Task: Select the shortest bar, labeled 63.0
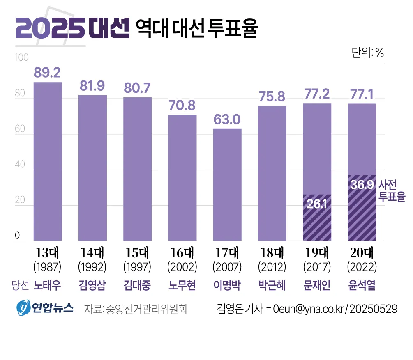tap(227, 184)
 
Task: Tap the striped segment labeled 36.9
tap(362, 208)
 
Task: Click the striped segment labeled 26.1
tap(317, 218)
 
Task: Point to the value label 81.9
tap(92, 86)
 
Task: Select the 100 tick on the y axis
tap(21, 58)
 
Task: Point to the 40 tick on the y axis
tap(20, 165)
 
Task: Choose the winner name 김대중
tap(137, 285)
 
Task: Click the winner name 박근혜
tap(272, 285)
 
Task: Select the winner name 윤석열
tap(362, 285)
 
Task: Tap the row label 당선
tap(20, 285)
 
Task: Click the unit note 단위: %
tap(367, 53)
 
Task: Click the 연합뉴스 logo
tap(44, 308)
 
